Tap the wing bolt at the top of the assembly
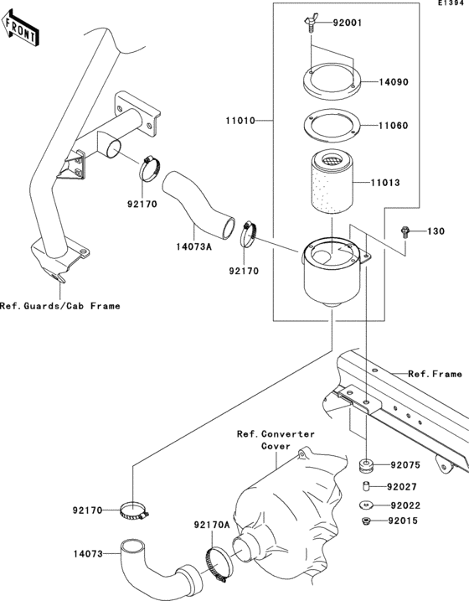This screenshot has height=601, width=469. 307,26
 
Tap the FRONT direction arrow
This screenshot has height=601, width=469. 20,30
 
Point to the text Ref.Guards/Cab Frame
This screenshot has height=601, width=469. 59,306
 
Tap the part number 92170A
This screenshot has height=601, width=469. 211,525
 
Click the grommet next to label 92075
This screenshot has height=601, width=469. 366,464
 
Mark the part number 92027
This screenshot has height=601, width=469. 405,486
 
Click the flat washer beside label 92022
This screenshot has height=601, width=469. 367,505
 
